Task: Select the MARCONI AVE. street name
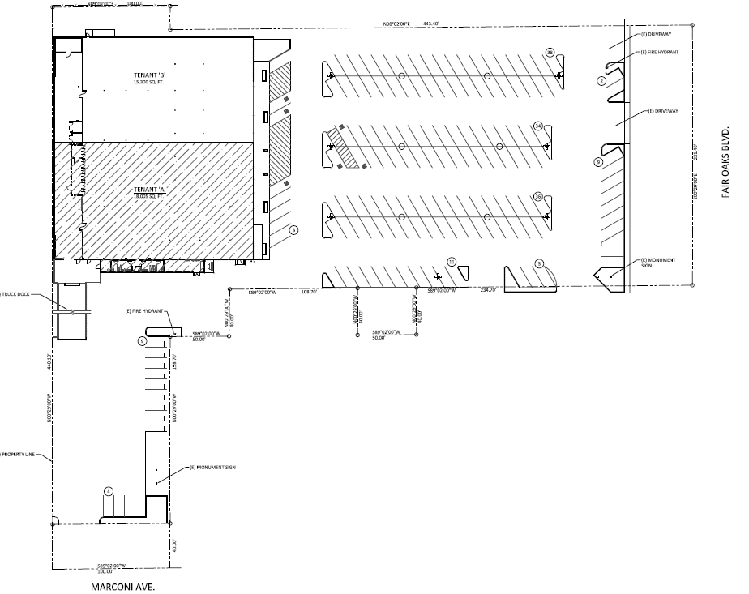122,585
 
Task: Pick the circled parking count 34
537,126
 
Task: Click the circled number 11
452,261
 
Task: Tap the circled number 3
538,263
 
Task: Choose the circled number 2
601,81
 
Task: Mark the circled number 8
294,229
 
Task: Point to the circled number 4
108,491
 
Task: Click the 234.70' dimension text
487,290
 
